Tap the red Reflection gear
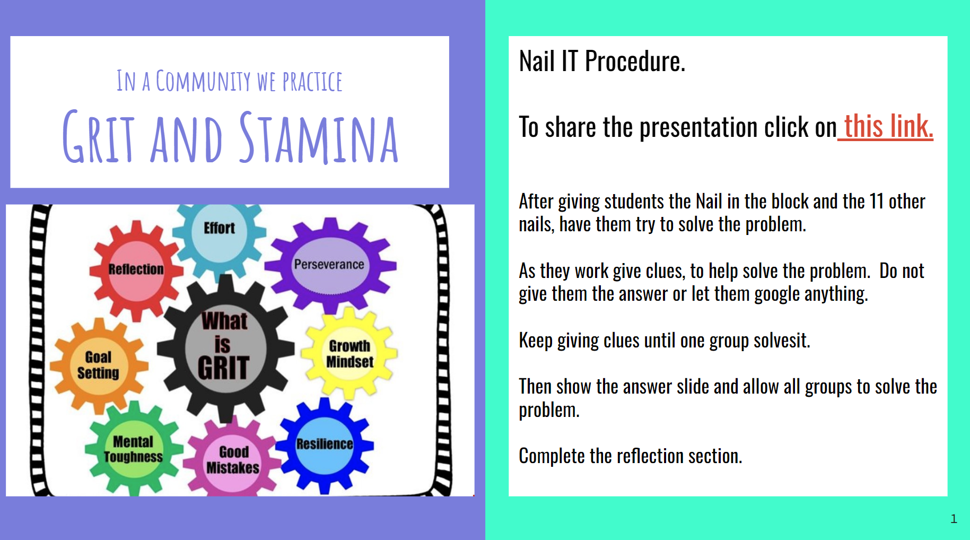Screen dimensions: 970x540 [136, 269]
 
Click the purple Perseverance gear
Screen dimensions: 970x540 [330, 265]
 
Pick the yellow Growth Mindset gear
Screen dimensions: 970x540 [349, 353]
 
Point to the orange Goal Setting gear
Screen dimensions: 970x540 [99, 365]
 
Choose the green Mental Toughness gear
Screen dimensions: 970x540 [134, 449]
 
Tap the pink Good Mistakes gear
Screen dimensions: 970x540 [233, 459]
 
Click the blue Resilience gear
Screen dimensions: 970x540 [325, 445]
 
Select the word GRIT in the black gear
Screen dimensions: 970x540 [223, 368]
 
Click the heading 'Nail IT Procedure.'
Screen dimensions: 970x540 [602, 61]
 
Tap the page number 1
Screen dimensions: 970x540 [954, 519]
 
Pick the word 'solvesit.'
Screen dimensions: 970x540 [782, 340]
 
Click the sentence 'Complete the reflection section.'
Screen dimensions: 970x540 [631, 456]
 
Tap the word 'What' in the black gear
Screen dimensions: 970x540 [224, 321]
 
